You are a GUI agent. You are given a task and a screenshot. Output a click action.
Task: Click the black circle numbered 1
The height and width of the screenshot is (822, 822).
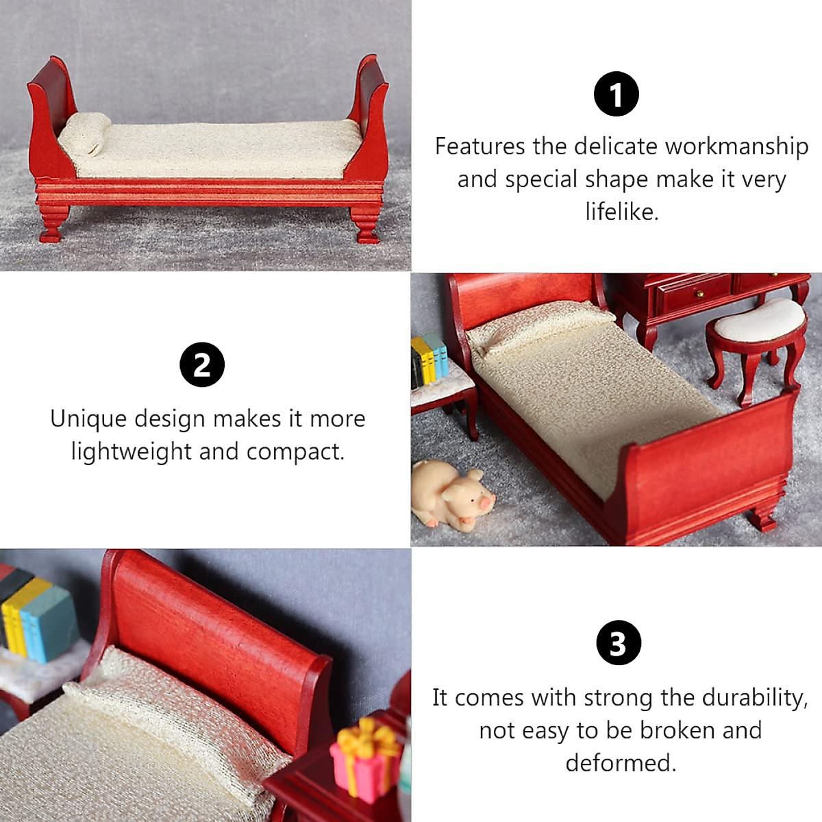coord(616,95)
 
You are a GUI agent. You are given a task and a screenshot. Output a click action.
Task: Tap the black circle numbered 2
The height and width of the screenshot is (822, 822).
coord(202,365)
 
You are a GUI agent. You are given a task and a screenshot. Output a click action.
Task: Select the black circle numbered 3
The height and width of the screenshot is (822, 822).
coord(618,643)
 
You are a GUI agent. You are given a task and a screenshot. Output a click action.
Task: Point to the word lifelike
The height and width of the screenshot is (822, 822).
coord(621,212)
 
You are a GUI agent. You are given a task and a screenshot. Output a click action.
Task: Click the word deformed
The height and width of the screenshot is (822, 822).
coord(621,762)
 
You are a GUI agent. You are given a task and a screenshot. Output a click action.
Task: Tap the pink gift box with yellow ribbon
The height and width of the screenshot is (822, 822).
coord(364,759)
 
